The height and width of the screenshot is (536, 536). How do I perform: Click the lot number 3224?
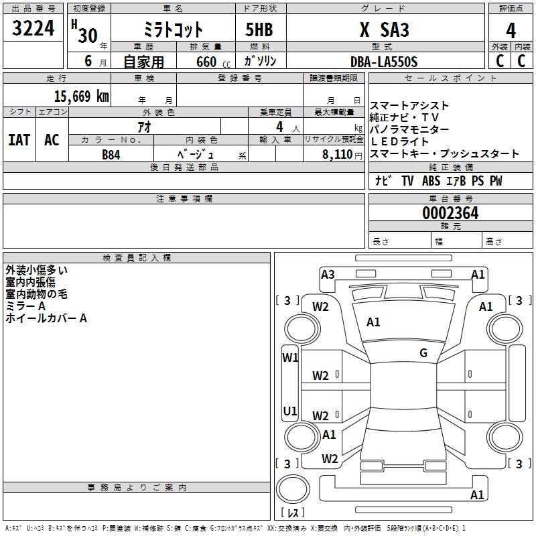pos(33,29)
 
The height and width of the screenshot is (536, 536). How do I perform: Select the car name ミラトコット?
pos(174,30)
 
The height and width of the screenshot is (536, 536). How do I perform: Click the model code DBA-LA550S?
pos(383,62)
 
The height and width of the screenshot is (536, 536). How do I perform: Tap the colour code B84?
pos(111,154)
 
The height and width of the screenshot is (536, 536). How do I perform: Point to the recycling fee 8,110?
pos(336,154)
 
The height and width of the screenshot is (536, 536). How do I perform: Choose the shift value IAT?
pos(19,139)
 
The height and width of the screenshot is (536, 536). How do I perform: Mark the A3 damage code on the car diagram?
pos(328,274)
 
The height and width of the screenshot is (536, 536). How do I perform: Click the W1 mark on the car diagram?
pos(289,357)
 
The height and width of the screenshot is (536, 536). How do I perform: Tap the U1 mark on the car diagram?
pos(289,410)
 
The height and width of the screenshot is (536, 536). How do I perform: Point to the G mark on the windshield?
pos(423,353)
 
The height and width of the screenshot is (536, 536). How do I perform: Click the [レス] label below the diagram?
pos(293,513)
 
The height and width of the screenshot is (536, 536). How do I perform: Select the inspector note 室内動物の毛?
pos(37,294)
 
